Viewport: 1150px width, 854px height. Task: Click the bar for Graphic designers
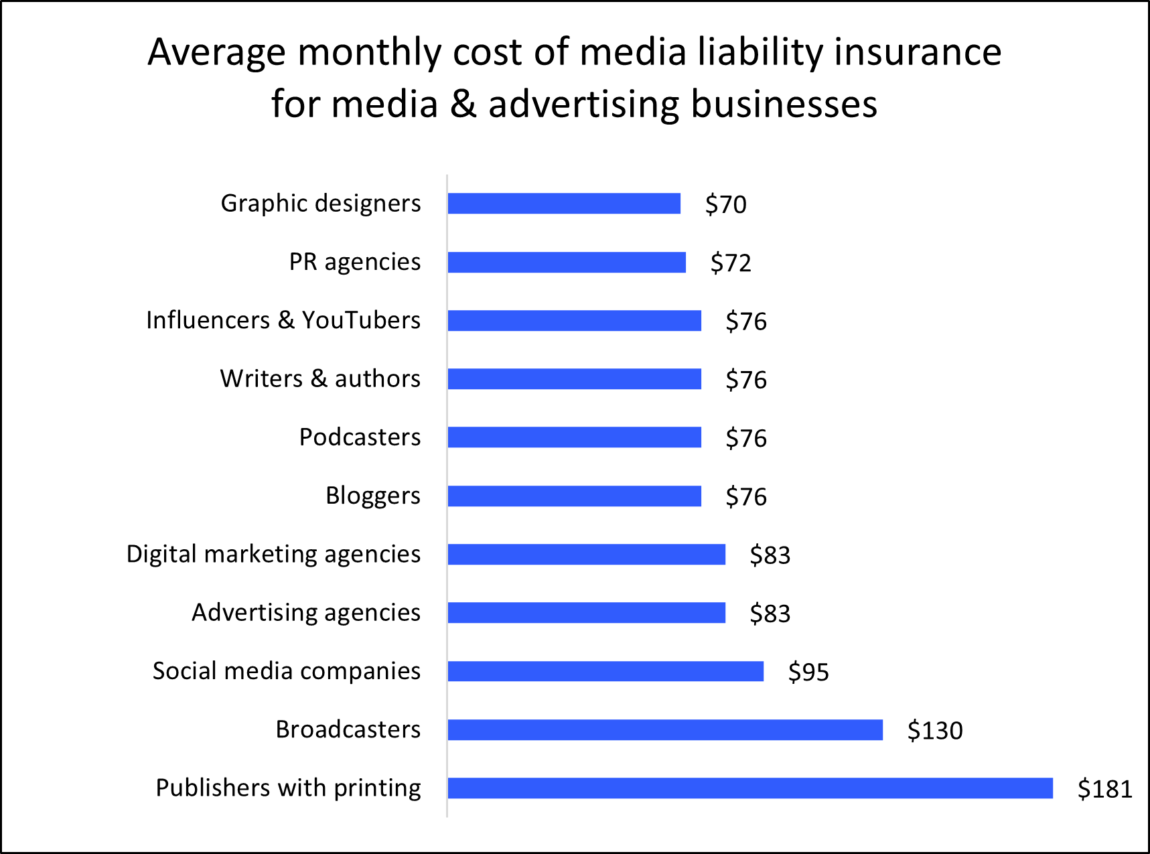564,204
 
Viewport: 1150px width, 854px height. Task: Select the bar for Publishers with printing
750,788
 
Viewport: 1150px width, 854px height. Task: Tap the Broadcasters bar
665,730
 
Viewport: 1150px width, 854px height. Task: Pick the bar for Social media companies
605,671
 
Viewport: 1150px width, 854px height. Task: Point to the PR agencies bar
567,263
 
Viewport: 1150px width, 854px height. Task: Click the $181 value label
1104,789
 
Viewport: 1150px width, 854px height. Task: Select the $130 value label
934,731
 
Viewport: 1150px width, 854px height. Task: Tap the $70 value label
725,204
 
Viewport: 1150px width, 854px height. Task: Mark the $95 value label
808,672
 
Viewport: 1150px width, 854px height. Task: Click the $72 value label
731,263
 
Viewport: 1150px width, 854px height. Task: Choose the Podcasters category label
360,437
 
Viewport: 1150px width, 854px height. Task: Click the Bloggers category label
373,496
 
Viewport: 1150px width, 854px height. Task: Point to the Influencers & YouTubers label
283,320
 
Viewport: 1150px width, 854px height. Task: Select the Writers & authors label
320,379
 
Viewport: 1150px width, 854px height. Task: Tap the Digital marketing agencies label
273,555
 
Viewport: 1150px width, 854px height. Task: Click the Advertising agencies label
306,613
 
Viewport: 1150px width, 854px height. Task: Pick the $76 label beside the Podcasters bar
746,439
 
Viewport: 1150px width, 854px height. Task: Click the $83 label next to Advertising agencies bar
770,614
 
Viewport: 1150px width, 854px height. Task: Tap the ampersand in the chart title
463,104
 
